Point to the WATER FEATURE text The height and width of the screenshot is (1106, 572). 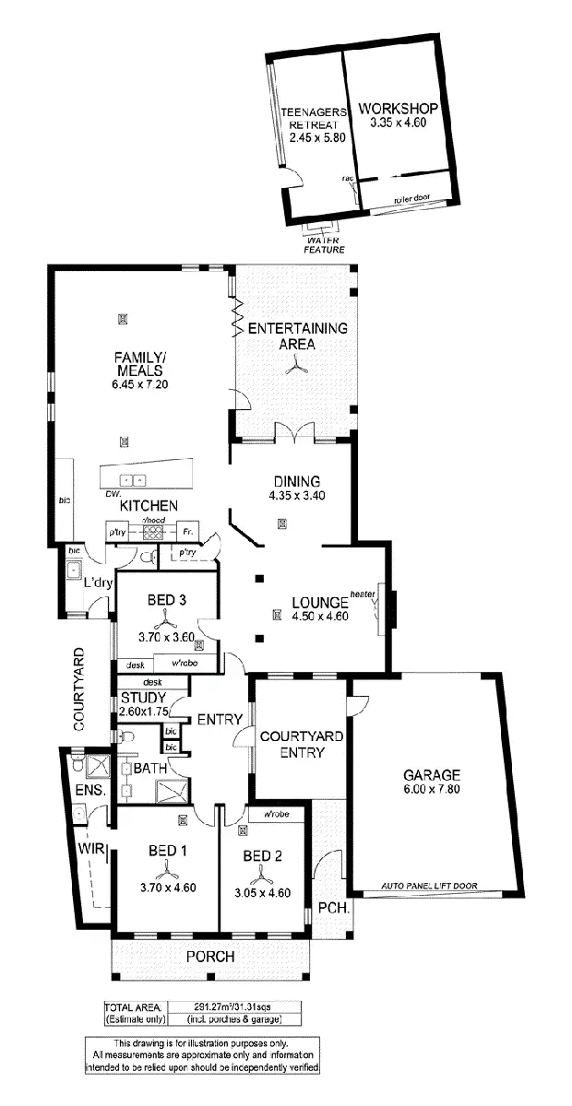pos(325,245)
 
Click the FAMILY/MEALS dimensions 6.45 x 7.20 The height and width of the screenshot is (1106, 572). pos(139,384)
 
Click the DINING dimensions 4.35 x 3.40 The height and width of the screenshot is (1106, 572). pos(296,495)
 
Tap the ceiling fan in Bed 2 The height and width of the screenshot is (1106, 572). pos(261,873)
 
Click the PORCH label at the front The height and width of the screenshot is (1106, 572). pos(209,957)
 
